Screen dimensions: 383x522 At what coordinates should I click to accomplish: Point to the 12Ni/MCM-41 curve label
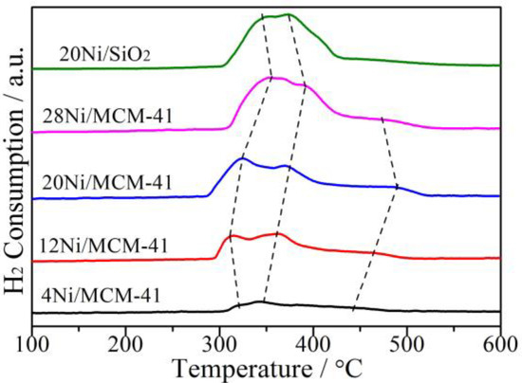pyautogui.click(x=104, y=246)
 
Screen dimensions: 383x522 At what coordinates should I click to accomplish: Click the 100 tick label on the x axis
pyautogui.click(x=32, y=341)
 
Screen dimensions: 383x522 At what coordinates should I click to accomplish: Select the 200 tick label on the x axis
pyautogui.click(x=126, y=341)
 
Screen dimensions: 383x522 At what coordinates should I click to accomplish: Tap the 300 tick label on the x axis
pyautogui.click(x=220, y=341)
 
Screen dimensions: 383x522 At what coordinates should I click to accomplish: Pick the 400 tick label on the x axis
pyautogui.click(x=314, y=341)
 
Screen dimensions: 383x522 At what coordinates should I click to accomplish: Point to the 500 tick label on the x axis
pyautogui.click(x=407, y=341)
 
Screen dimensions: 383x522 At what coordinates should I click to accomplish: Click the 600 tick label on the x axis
pyautogui.click(x=500, y=341)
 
